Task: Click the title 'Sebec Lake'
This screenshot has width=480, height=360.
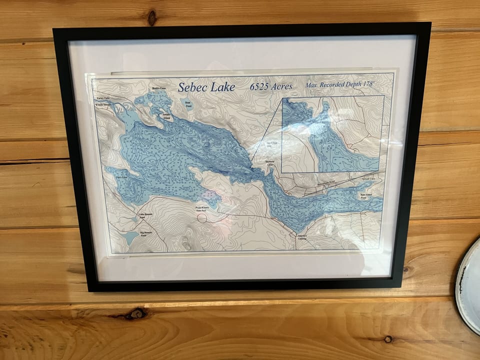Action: (206, 87)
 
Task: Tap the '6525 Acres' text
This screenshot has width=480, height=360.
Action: (270, 86)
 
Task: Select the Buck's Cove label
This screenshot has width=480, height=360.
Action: (158, 88)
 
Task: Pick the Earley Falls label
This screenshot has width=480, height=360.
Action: (103, 99)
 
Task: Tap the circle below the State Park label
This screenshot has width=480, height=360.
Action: (201, 217)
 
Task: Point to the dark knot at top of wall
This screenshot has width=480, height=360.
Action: (151, 18)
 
